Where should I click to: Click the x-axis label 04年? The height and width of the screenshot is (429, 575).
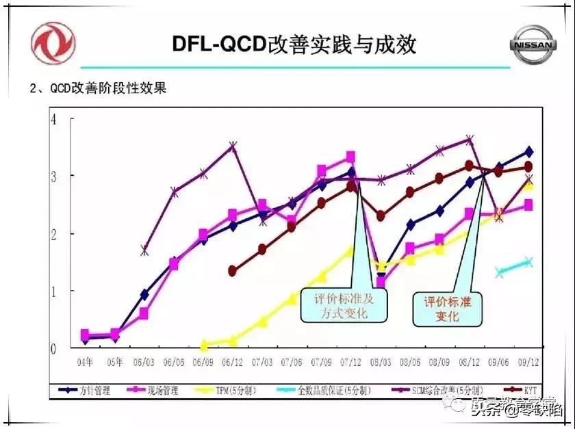[85, 361]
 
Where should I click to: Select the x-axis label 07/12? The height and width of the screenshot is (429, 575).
[350, 361]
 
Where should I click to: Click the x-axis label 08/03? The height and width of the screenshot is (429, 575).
[381, 361]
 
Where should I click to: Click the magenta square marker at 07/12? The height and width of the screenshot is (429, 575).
[350, 157]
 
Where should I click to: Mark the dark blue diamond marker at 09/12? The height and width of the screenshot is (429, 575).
[528, 152]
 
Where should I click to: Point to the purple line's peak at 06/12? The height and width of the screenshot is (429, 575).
[233, 146]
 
